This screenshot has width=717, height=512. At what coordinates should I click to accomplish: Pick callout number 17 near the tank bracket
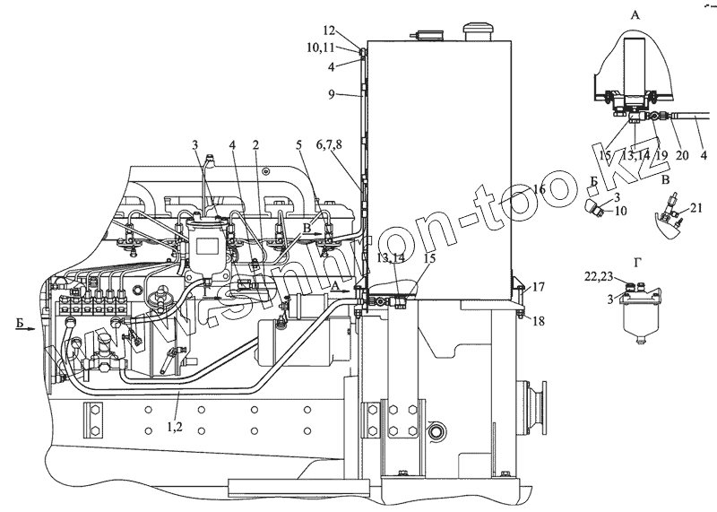538,288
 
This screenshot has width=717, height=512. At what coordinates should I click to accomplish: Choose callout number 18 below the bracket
538,320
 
